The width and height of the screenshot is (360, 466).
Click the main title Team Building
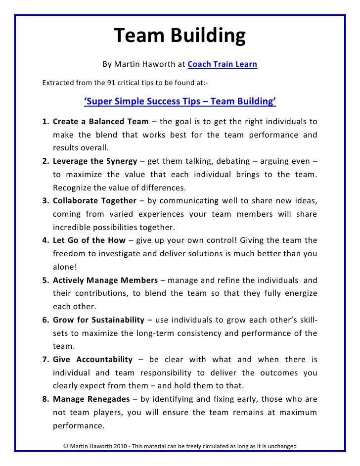pyautogui.click(x=180, y=36)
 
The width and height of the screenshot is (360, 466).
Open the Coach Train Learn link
pyautogui.click(x=222, y=64)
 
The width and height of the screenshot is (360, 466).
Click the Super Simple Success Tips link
pyautogui.click(x=180, y=102)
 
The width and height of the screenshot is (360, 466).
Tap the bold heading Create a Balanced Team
pyautogui.click(x=100, y=121)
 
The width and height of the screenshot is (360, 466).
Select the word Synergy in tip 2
pyautogui.click(x=122, y=161)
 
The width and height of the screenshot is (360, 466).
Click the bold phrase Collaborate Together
pyautogui.click(x=94, y=201)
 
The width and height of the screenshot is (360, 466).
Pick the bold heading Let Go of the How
pyautogui.click(x=86, y=240)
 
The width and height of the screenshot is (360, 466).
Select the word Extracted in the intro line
pyautogui.click(x=57, y=82)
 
